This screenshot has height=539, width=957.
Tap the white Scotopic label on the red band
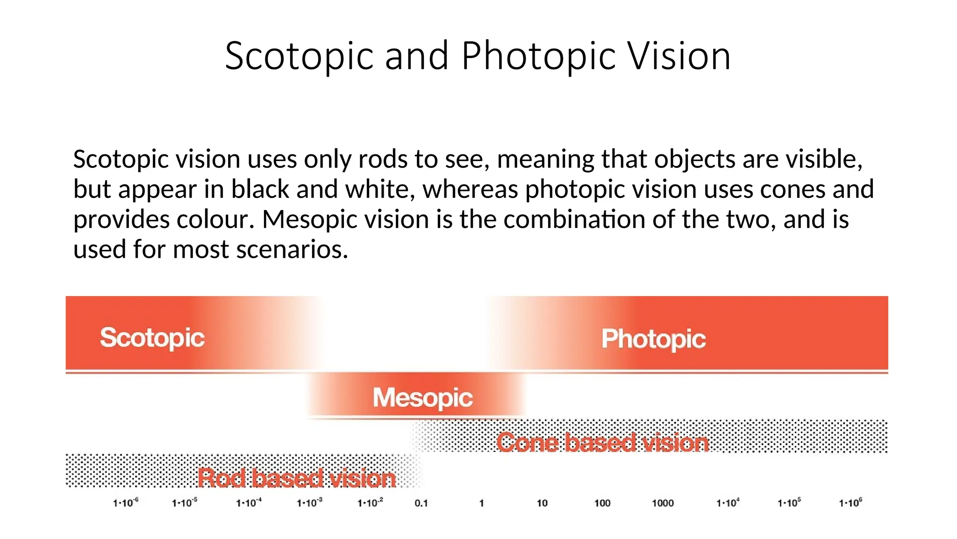click(152, 338)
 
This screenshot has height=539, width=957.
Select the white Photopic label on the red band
click(653, 339)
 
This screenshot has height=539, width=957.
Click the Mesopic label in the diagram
click(422, 398)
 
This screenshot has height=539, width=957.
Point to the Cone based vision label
click(602, 443)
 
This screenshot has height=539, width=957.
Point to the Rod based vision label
click(297, 478)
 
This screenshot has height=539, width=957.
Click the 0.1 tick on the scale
click(421, 503)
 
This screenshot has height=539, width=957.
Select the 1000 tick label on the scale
click(663, 503)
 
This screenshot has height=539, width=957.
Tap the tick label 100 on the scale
click(602, 503)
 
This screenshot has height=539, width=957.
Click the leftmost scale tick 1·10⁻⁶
click(125, 503)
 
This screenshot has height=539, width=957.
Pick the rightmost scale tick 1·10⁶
click(850, 503)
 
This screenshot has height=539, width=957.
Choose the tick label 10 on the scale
click(542, 503)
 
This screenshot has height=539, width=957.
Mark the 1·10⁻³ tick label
click(309, 503)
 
